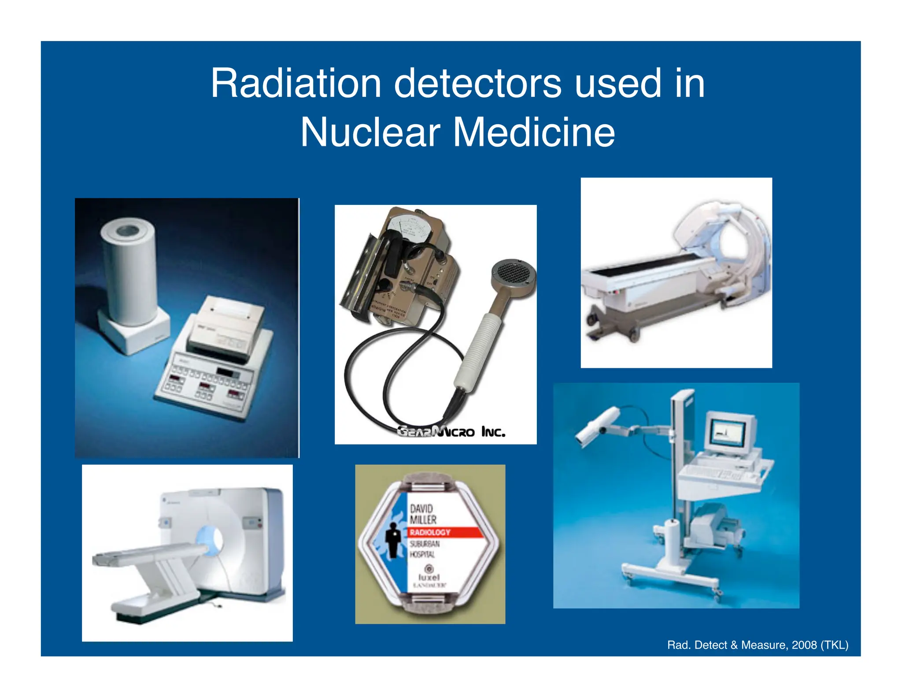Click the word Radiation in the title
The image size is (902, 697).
coord(296,84)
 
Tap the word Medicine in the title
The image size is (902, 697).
coord(534,132)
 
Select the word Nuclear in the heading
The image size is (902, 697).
coord(370,132)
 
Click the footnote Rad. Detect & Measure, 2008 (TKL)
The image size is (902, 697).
coord(758,645)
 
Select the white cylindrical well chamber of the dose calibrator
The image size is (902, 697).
coord(129,273)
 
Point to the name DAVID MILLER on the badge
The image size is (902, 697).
coord(423,514)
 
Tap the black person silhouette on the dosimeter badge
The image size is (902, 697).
coord(391,542)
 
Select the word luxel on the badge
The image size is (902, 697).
coord(429,577)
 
